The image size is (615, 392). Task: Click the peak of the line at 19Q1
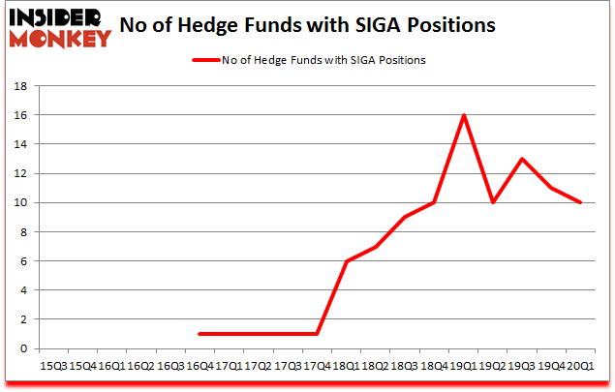464,115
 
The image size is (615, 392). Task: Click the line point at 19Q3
523,159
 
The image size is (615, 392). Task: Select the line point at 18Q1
347,261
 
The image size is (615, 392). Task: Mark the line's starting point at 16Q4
199,334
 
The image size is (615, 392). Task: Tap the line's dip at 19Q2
494,202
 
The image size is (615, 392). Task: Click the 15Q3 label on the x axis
52,368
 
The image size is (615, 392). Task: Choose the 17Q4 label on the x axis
318,368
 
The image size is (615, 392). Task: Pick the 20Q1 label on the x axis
582,368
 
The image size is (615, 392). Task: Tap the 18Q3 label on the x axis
406,368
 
